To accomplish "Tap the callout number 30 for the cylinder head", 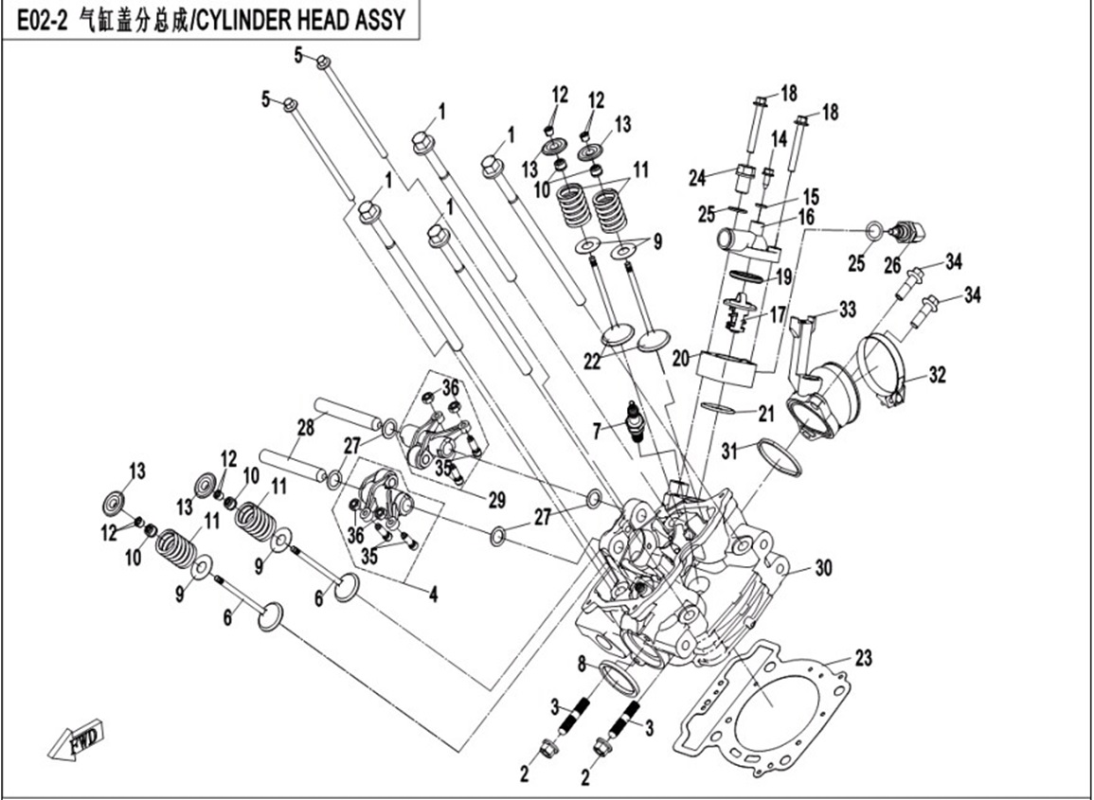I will (x=822, y=568).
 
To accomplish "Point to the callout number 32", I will (x=937, y=375).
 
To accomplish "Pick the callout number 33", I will (x=846, y=309).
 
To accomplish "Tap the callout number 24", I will (x=698, y=177).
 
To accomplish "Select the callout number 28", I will (x=305, y=428).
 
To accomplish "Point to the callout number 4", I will (x=433, y=596).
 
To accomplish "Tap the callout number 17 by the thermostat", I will (x=779, y=313).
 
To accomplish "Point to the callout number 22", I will (x=592, y=361).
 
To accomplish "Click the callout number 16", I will (x=805, y=218).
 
